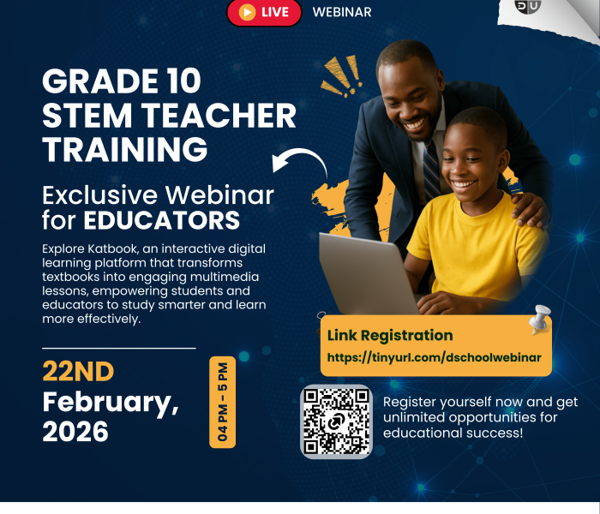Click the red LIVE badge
(264, 12)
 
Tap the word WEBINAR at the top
(342, 12)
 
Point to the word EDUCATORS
(162, 220)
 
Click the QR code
(336, 421)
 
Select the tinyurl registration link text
(435, 357)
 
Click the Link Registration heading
(390, 335)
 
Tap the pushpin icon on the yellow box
(539, 320)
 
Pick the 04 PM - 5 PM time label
(222, 403)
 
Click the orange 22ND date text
(78, 372)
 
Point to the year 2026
(75, 432)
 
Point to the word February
(111, 401)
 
